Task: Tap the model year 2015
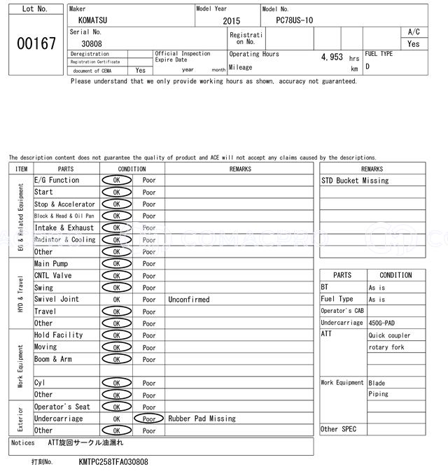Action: (x=231, y=22)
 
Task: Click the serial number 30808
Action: (x=92, y=43)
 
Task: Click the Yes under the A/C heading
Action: (x=414, y=43)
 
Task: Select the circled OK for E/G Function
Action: (x=117, y=181)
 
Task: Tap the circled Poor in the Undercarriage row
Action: (x=148, y=419)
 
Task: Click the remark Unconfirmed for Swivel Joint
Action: (x=188, y=300)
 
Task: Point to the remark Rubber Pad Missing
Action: (x=202, y=419)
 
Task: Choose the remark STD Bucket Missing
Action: (x=354, y=181)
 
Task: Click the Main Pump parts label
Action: (x=50, y=264)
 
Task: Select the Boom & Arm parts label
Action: (x=52, y=359)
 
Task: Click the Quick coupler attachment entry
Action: (x=389, y=335)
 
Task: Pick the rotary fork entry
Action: (x=386, y=347)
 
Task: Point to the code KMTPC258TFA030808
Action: (x=113, y=462)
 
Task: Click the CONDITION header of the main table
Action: (x=132, y=169)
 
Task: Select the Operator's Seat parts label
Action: (x=62, y=407)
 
